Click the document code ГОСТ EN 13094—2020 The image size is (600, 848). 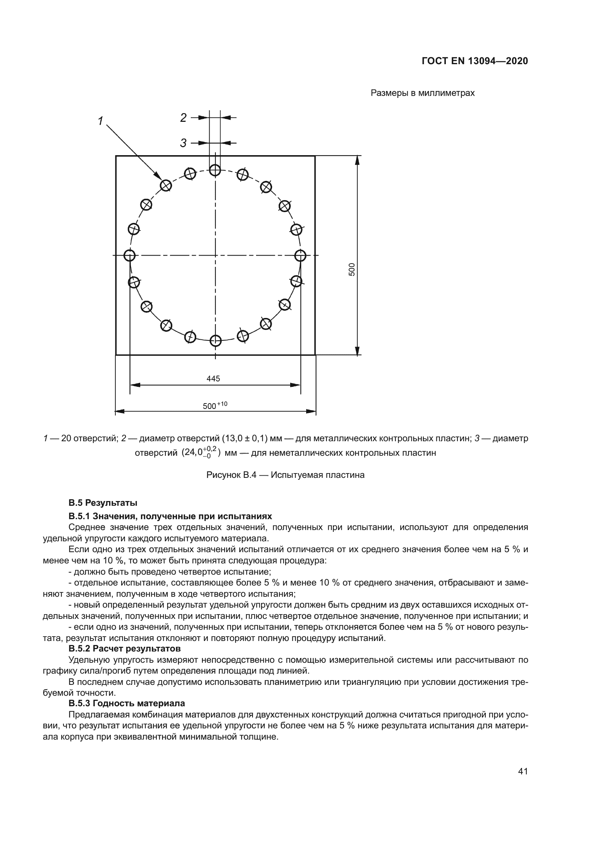pyautogui.click(x=475, y=61)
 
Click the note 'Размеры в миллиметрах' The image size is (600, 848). pyautogui.click(x=422, y=93)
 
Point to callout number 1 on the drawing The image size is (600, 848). pyautogui.click(x=100, y=121)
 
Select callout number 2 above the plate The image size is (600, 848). pyautogui.click(x=183, y=118)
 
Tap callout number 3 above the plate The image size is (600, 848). pyautogui.click(x=183, y=143)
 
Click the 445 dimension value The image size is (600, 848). pyautogui.click(x=213, y=379)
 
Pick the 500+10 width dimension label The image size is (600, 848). pyautogui.click(x=215, y=406)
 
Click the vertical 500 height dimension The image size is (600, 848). pyautogui.click(x=352, y=269)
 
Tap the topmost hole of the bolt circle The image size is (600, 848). pyautogui.click(x=215, y=171)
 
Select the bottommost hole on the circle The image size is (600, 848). pyautogui.click(x=215, y=340)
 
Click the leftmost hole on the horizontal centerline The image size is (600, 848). pyautogui.click(x=129, y=255)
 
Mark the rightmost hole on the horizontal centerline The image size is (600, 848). pyautogui.click(x=300, y=255)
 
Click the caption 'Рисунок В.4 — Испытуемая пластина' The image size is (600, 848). pyautogui.click(x=285, y=475)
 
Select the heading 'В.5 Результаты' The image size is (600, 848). pyautogui.click(x=103, y=502)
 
